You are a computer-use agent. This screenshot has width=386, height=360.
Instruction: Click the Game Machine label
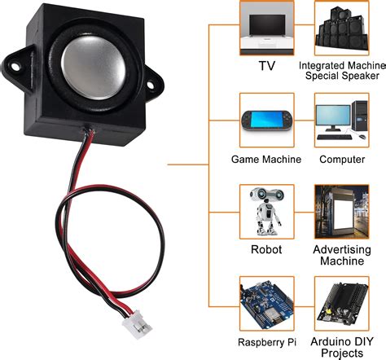(267, 160)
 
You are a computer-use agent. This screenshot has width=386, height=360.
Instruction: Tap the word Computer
(342, 160)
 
